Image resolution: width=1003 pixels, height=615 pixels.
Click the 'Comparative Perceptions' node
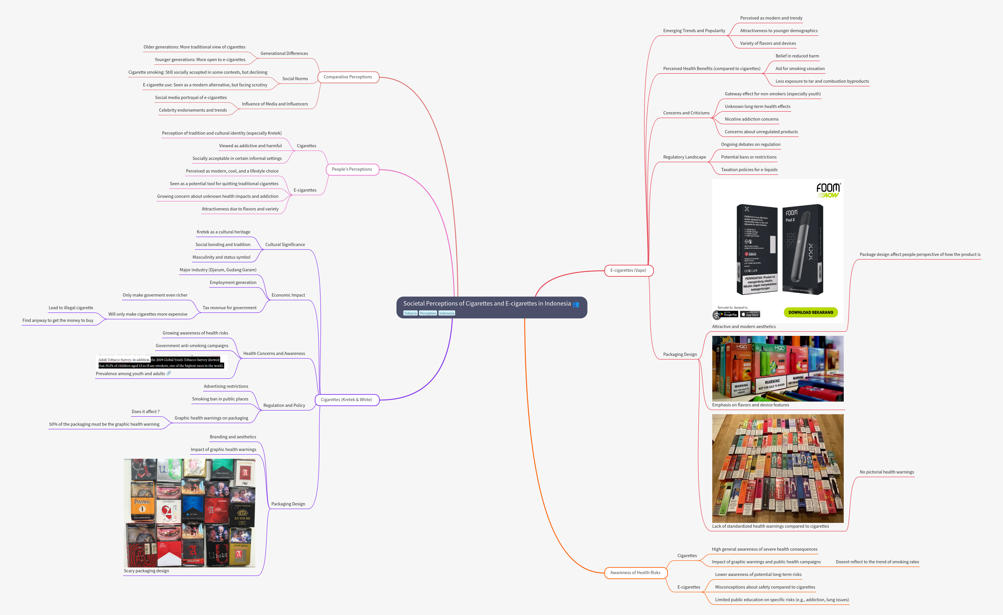(x=348, y=77)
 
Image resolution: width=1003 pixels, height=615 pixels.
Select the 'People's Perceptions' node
(x=352, y=169)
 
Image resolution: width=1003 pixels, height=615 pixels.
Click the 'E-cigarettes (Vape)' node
(x=628, y=270)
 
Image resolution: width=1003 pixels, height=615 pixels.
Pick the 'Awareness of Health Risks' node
(x=635, y=573)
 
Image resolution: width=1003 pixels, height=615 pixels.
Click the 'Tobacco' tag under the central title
(x=410, y=313)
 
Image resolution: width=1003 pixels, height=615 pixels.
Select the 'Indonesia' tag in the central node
(x=447, y=313)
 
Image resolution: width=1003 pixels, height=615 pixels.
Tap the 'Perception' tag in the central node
(x=428, y=313)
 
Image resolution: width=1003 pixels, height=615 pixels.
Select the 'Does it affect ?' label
(x=145, y=411)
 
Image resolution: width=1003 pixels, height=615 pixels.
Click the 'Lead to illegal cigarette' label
(x=71, y=308)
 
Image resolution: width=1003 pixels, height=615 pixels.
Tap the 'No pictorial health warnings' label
(x=886, y=472)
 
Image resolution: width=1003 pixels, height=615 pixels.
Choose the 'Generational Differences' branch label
(x=284, y=53)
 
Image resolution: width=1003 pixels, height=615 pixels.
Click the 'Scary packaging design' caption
(x=146, y=571)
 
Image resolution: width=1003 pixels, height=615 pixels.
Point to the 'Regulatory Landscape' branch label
(x=684, y=157)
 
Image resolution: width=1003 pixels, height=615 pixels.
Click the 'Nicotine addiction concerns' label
(x=751, y=119)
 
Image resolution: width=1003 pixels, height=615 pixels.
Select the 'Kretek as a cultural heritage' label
(x=223, y=232)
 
